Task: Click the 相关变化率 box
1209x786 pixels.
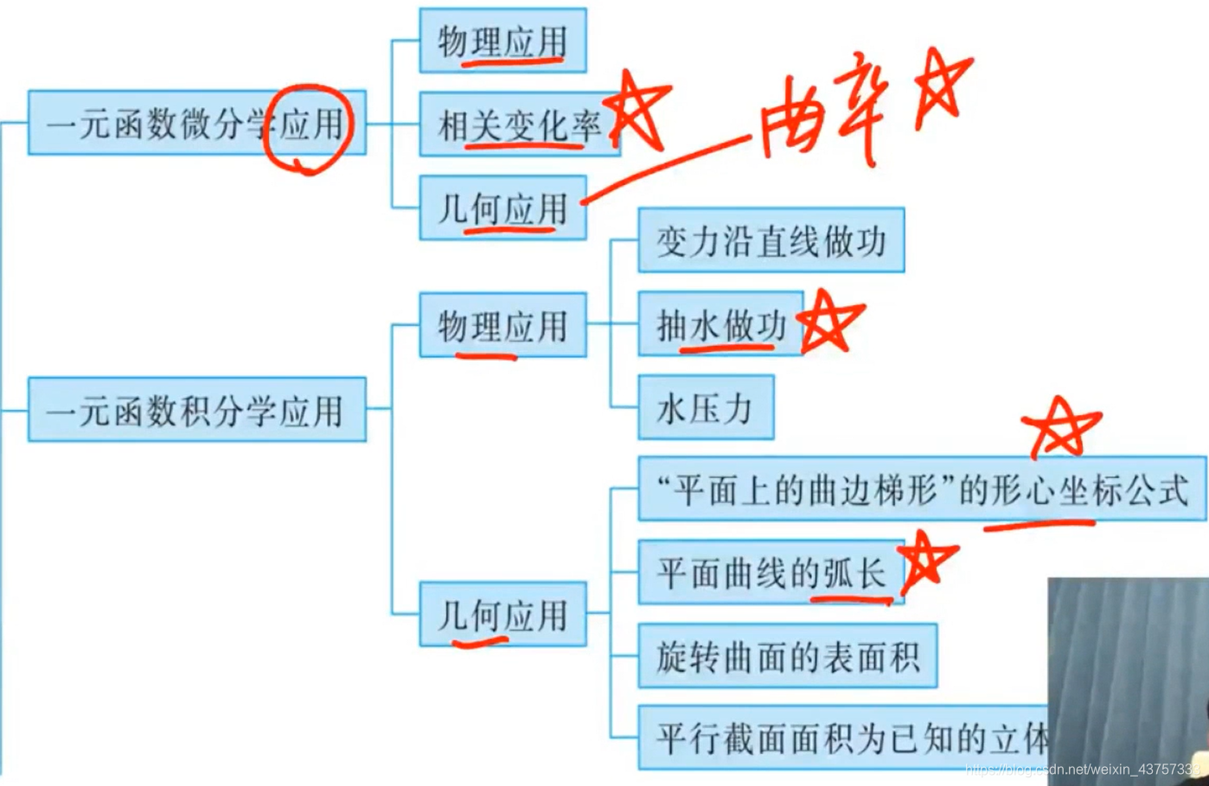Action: point(519,125)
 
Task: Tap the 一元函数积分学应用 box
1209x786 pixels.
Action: point(196,410)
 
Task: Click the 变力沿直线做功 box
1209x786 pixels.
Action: point(771,240)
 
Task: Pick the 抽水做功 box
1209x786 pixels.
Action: point(720,325)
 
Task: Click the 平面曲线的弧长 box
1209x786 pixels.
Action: point(770,572)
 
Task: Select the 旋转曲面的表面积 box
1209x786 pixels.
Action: point(787,656)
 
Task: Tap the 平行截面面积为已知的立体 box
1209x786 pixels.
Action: point(843,738)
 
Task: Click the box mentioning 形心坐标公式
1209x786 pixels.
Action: point(922,490)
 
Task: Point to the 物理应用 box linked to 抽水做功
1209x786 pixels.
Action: point(502,325)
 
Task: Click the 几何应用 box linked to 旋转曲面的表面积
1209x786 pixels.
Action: point(502,615)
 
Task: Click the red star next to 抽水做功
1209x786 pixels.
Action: point(829,321)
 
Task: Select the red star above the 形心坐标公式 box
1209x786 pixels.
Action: point(1059,427)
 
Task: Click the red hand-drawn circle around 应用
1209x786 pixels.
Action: point(308,128)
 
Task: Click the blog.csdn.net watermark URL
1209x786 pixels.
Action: point(1082,769)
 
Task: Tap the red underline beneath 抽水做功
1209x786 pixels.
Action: point(726,348)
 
